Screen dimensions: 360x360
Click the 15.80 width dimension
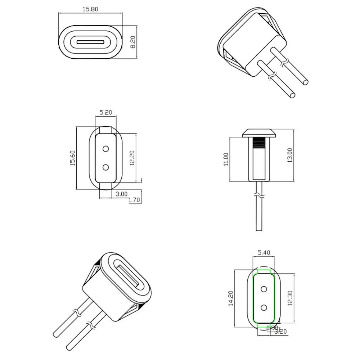point(90,9)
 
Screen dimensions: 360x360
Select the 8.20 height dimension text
point(132,42)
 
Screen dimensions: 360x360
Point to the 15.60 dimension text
point(72,158)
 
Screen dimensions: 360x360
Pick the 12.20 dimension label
point(132,158)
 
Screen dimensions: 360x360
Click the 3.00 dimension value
point(122,194)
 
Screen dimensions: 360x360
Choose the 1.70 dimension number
point(135,199)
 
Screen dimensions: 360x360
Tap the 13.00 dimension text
point(290,155)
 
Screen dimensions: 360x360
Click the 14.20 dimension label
point(231,298)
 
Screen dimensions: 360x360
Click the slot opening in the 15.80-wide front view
point(90,42)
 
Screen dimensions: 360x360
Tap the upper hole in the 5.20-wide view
point(106,149)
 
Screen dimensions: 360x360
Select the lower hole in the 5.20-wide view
point(106,167)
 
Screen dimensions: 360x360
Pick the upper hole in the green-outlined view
point(264,289)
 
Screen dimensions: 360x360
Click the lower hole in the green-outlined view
point(264,307)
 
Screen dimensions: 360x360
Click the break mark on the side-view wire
point(259,197)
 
